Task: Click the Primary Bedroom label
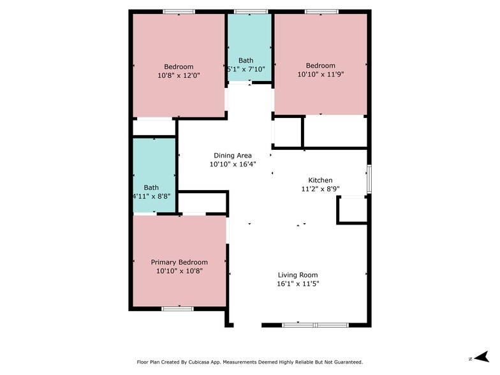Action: [179, 263]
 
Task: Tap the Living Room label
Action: [298, 275]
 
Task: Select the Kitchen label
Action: [320, 180]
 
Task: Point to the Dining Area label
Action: [233, 156]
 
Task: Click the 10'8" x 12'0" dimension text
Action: [179, 75]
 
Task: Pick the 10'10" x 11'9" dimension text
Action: [320, 74]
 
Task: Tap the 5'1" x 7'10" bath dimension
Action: [246, 69]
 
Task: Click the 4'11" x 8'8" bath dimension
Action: [152, 196]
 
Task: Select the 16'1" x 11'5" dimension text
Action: [298, 284]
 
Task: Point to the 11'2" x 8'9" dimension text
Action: [320, 189]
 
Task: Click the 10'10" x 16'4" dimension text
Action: [233, 165]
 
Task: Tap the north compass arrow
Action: [482, 357]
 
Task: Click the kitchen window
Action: [369, 179]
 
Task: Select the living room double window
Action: [315, 325]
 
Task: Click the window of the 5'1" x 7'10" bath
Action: [251, 11]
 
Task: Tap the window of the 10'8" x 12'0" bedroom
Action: [179, 11]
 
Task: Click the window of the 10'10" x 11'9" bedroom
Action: [321, 11]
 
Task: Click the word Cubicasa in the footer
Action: [199, 362]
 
